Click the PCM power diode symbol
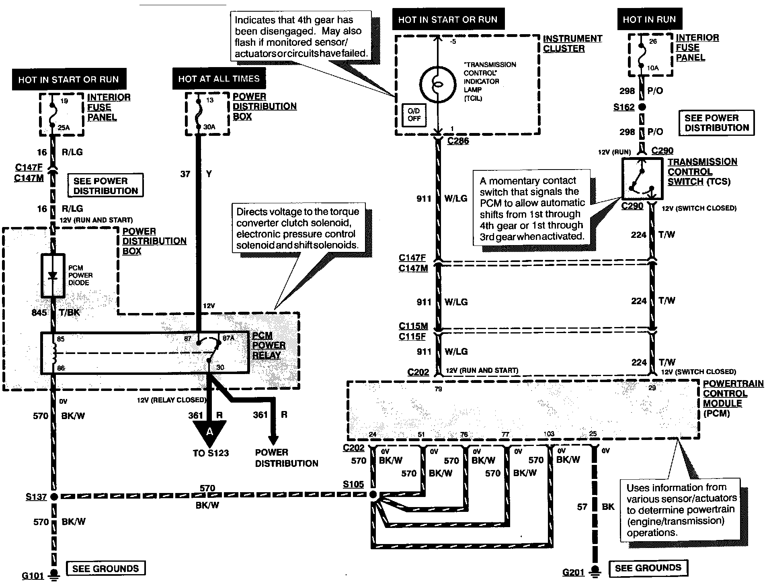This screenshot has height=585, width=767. click(53, 275)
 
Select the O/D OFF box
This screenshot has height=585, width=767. click(414, 115)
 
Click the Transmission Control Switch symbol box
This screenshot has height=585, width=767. click(642, 179)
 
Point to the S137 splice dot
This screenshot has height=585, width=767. click(54, 497)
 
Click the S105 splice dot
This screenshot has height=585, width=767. click(373, 495)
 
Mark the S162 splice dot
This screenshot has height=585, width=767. click(642, 107)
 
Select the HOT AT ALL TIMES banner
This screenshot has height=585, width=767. click(219, 79)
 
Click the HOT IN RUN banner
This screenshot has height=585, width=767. click(649, 19)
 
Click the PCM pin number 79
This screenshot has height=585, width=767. click(438, 389)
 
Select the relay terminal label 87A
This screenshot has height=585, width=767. click(228, 338)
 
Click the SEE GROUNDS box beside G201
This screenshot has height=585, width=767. click(648, 568)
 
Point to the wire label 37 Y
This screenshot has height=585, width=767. click(196, 174)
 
